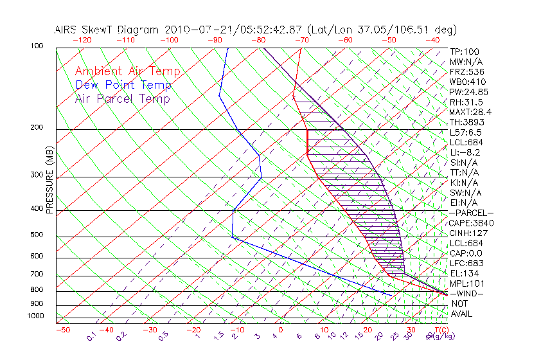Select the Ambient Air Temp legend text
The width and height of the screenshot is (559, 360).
(127, 71)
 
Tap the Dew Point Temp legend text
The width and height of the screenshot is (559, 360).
(123, 85)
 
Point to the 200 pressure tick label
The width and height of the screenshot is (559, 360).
(37, 128)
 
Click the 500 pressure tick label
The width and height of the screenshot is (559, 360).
(37, 235)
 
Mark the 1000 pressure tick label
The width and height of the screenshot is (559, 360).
(35, 316)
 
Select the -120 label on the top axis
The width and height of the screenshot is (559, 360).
(82, 40)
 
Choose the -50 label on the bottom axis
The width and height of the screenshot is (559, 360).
(62, 330)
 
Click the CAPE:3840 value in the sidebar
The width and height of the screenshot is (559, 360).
(471, 223)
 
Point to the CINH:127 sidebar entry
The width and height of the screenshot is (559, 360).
(468, 233)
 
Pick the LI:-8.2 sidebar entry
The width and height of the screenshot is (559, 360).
(465, 152)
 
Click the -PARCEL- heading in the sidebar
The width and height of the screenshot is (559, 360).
(471, 213)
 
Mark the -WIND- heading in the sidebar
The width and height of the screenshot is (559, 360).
(466, 293)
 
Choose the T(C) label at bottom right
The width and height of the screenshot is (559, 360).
(442, 330)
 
